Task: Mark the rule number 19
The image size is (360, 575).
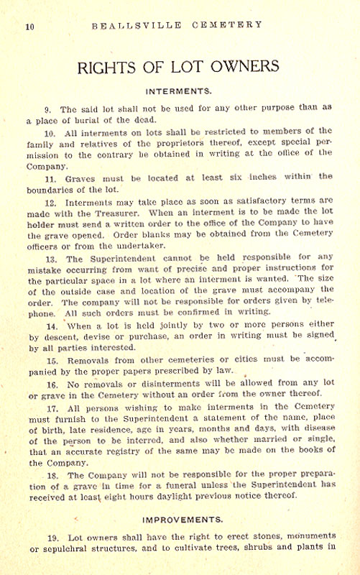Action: coord(51,538)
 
